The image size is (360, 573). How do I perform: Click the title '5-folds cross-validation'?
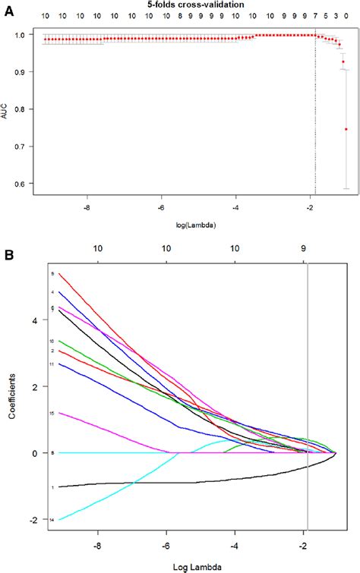(179, 5)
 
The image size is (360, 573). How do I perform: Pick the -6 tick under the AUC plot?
(162, 206)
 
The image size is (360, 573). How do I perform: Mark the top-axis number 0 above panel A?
(347, 16)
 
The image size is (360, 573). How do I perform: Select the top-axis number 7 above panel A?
(315, 16)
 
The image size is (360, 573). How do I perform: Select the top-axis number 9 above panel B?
(304, 248)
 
